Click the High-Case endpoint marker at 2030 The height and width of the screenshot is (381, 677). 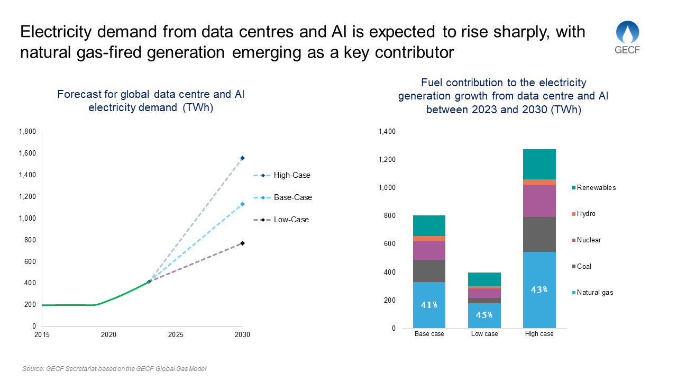pyautogui.click(x=243, y=158)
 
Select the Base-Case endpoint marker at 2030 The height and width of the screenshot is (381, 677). pyautogui.click(x=243, y=204)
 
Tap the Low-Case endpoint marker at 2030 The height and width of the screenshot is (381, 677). pyautogui.click(x=243, y=243)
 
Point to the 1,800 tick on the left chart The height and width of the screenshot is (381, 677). pyautogui.click(x=27, y=132)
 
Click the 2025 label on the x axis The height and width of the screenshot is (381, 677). pyautogui.click(x=176, y=335)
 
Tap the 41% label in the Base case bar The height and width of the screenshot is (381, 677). pyautogui.click(x=429, y=305)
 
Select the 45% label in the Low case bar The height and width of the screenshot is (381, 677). pyautogui.click(x=484, y=315)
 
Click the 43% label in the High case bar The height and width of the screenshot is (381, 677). pyautogui.click(x=539, y=290)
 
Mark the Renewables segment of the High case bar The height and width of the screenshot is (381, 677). pyautogui.click(x=539, y=164)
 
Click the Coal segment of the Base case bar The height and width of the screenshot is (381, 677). pyautogui.click(x=429, y=270)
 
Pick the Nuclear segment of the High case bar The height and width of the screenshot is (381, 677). pyautogui.click(x=539, y=201)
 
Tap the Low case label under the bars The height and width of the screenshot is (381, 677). pyautogui.click(x=484, y=334)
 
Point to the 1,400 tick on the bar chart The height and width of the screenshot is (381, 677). pyautogui.click(x=387, y=132)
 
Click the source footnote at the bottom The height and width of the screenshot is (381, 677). pyautogui.click(x=114, y=368)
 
